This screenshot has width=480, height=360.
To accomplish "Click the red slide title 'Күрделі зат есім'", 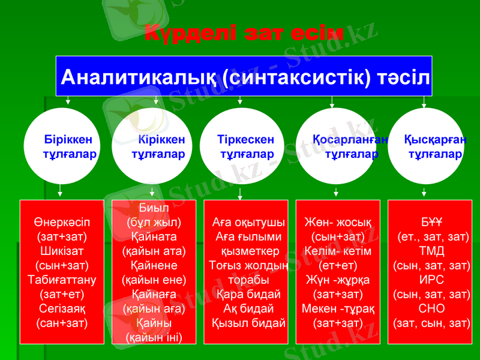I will pyautogui.click(x=244, y=33).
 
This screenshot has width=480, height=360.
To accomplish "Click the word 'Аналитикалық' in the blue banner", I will pyautogui.click(x=137, y=77).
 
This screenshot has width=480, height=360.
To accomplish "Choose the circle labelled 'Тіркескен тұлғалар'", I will pyautogui.click(x=239, y=146).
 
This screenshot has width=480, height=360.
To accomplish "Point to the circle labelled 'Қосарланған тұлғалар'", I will pyautogui.click(x=336, y=146).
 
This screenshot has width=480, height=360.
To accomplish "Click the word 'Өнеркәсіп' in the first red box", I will pyautogui.click(x=62, y=221).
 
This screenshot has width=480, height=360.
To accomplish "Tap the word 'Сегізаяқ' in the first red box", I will pyautogui.click(x=62, y=308).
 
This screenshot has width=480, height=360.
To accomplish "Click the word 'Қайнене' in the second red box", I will pyautogui.click(x=154, y=265).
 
